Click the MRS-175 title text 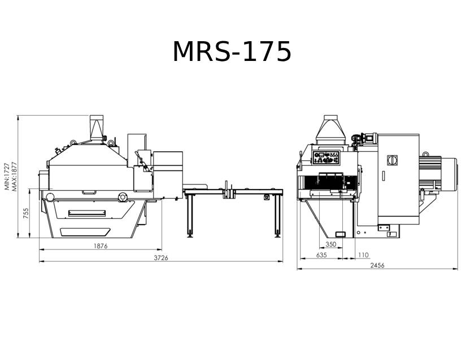coord(232,52)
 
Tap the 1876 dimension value coord(101,246)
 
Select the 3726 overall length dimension coord(161,258)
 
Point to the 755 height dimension coord(26,213)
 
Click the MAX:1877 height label coord(15,176)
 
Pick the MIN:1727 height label coord(7,176)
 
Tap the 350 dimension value coord(331,244)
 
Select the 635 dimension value coord(321,255)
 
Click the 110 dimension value coord(363,255)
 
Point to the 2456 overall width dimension coord(377,265)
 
